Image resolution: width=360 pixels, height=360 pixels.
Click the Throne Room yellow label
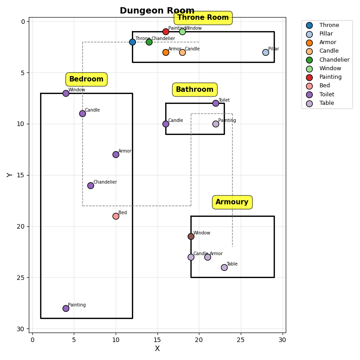(203, 18)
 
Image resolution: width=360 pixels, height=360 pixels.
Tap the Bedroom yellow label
(86, 79)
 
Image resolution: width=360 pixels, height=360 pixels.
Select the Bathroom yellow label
(194, 90)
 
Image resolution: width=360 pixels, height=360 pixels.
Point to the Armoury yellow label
(232, 202)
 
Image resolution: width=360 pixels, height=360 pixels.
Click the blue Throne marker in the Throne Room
(132, 42)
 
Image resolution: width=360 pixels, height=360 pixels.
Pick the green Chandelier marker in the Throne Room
(149, 42)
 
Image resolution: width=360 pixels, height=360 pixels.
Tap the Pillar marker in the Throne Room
(265, 52)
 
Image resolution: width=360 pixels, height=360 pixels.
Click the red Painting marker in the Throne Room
(166, 31)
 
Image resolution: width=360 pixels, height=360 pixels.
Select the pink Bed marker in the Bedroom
(116, 216)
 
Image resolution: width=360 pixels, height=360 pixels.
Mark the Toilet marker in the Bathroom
(216, 103)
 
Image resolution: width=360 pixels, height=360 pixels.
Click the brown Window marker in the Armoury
(191, 236)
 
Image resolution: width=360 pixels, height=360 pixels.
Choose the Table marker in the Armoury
(224, 267)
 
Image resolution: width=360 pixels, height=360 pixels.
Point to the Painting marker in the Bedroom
(66, 308)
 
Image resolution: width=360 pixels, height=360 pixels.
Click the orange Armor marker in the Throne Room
(166, 52)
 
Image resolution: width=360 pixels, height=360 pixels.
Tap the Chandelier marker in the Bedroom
(90, 185)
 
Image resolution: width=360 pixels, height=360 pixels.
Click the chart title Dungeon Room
(157, 11)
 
